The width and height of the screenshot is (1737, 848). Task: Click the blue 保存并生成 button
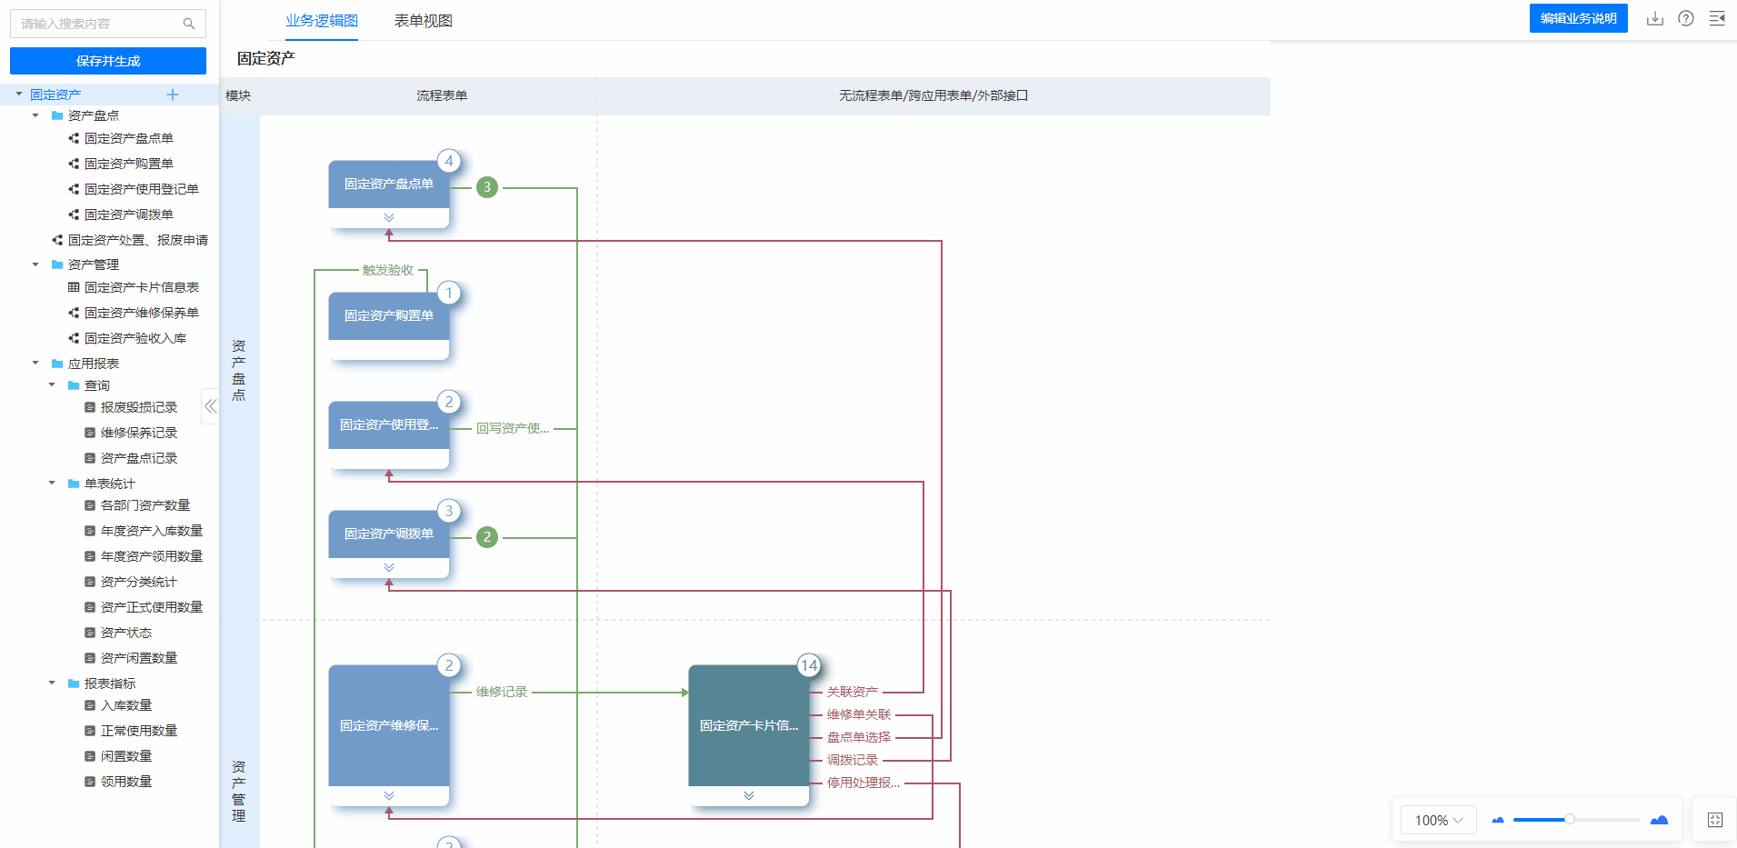(x=108, y=61)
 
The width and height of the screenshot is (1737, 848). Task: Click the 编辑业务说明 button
(x=1578, y=18)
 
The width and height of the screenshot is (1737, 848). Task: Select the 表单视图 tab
(x=423, y=21)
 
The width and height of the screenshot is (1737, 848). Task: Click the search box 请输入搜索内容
(x=108, y=24)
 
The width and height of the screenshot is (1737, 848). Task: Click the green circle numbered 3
(x=487, y=187)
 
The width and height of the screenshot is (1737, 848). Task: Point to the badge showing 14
(x=809, y=665)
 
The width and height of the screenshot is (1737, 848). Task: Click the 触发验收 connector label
(x=388, y=270)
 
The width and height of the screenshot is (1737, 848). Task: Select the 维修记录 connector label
(x=502, y=692)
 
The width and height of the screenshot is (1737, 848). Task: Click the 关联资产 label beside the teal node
(x=853, y=692)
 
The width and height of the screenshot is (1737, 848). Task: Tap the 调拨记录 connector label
(x=853, y=760)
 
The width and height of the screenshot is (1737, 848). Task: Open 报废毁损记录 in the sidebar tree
(x=138, y=407)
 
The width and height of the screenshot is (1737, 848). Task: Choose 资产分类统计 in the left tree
(x=138, y=582)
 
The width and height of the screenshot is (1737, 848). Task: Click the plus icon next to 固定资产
(x=173, y=95)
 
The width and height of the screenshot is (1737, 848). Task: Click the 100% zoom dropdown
(x=1438, y=820)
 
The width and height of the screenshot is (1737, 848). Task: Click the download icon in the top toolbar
(x=1655, y=18)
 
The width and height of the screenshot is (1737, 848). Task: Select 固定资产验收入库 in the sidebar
(x=135, y=338)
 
